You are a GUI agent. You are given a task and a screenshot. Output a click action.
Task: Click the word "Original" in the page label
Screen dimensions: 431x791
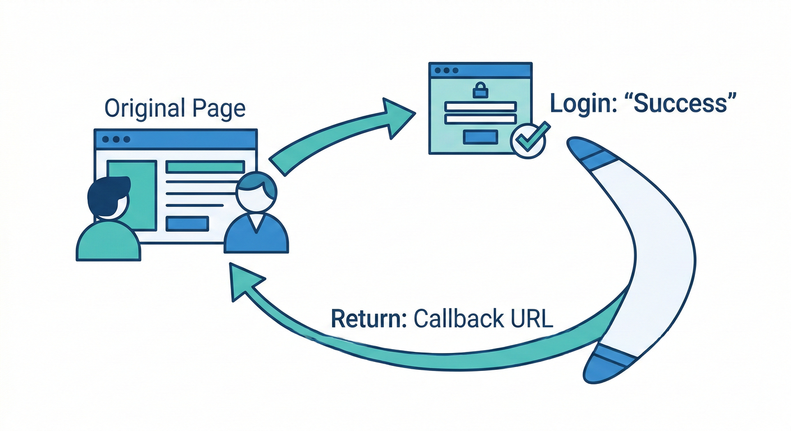[143, 108]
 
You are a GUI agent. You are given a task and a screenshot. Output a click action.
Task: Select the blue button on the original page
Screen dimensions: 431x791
[188, 223]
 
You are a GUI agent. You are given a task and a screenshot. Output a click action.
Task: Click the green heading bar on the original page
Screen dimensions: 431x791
[205, 167]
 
